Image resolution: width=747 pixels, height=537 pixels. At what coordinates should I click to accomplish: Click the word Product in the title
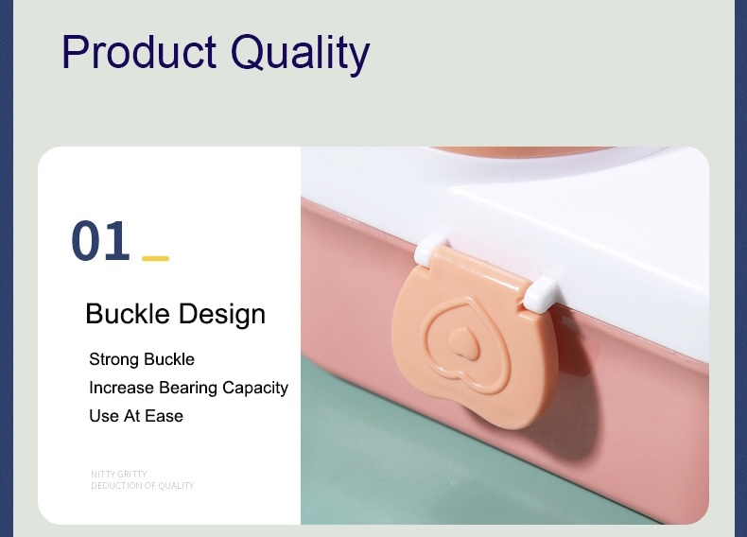coord(139,51)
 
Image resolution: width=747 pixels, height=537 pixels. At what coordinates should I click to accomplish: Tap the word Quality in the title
coord(300,54)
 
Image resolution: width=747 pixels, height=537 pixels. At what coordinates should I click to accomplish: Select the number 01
coord(100,241)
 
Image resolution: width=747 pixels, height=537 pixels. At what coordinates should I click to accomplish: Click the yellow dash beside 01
coord(156,258)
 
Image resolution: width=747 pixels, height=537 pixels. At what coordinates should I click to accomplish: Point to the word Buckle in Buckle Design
coord(128,314)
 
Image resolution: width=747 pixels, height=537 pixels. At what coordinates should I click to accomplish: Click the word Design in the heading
coord(222,315)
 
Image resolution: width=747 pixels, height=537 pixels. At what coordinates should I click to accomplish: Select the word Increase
coord(121,388)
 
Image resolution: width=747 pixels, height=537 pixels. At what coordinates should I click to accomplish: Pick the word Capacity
coord(255,389)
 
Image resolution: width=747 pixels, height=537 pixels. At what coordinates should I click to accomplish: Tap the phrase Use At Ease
coord(136,416)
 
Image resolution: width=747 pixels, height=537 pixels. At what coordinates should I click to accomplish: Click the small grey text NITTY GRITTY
coord(119,474)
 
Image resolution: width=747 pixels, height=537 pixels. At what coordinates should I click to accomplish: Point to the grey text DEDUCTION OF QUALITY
coord(143,486)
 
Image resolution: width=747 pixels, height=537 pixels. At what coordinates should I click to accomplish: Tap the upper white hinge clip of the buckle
coord(431,249)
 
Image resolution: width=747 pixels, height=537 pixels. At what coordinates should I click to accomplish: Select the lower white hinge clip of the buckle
coord(540,293)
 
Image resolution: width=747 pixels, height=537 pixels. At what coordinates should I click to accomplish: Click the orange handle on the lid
coord(524,152)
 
